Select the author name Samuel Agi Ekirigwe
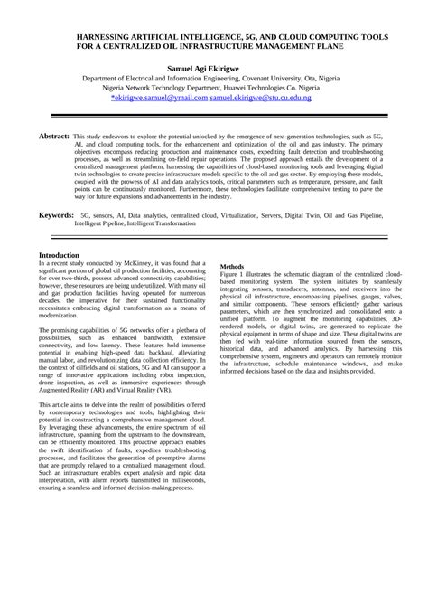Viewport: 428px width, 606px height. tap(214, 68)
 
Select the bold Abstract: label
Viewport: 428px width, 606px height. tap(53, 135)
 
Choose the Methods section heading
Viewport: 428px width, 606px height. tap(232, 267)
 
